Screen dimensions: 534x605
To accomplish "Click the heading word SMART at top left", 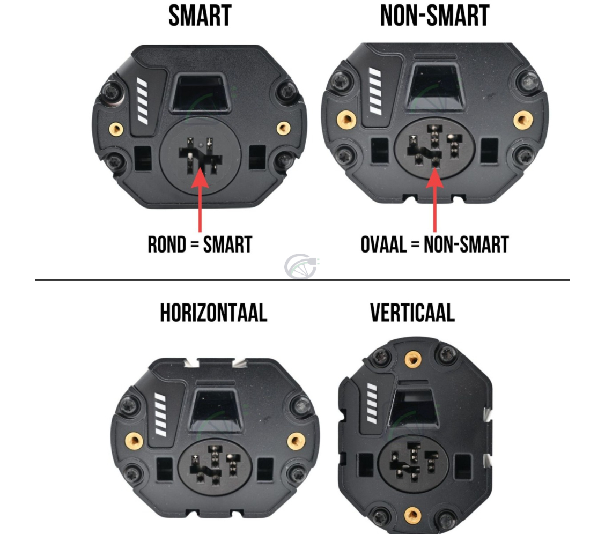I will pos(200,16).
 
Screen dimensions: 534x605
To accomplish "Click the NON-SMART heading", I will pos(434,16).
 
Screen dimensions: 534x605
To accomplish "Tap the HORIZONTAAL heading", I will pos(213,313).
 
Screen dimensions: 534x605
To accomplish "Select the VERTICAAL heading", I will pos(412,313).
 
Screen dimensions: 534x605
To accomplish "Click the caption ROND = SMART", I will pos(200,244).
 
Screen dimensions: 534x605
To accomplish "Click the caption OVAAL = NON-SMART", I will pos(434,244).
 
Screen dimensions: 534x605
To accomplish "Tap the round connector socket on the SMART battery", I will pos(200,156).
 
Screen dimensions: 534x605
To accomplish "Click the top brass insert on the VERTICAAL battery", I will pos(412,359).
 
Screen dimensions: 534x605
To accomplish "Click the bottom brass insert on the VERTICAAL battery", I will pos(412,516).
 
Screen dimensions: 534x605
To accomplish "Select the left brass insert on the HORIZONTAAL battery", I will pos(134,441).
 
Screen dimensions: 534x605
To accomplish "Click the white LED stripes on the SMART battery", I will pos(142,100).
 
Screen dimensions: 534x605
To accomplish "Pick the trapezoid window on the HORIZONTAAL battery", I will pos(213,410).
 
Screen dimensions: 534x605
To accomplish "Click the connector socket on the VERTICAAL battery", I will pos(412,464).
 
